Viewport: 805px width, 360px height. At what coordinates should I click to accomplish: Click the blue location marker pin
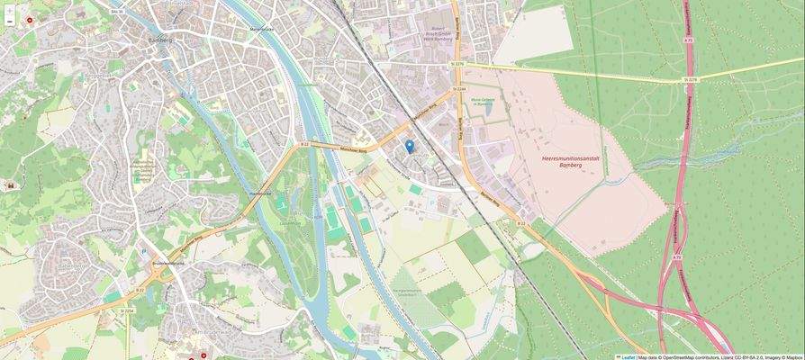coord(410,146)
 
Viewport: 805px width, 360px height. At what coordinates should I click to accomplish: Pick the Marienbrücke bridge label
coord(261,29)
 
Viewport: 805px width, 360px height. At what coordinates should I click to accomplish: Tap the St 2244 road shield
coord(459,89)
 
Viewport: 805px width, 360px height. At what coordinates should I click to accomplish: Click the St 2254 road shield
coord(128,310)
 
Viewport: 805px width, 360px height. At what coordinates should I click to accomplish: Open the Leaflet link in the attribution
coord(627,356)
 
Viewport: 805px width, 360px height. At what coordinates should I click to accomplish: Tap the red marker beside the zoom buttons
coord(30,19)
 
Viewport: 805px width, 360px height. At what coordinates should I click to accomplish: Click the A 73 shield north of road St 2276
coord(688,40)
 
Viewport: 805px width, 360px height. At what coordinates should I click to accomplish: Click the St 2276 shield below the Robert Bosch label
coord(457,65)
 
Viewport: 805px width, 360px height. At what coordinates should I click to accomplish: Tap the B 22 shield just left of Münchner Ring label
coord(304,144)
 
